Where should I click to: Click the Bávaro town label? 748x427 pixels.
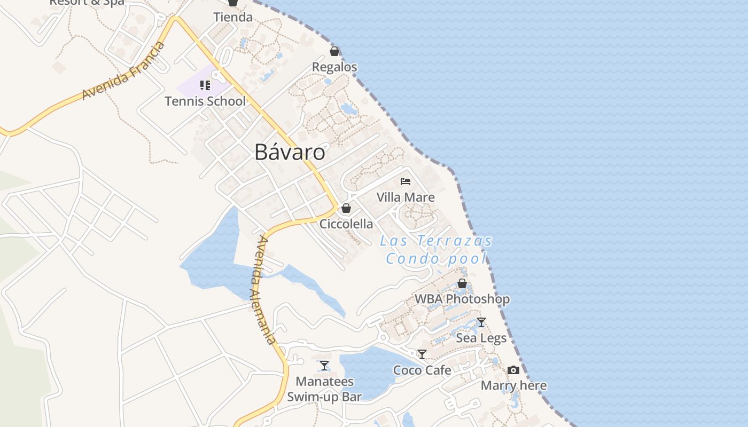(290, 152)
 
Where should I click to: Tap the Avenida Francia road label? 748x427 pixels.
(123, 70)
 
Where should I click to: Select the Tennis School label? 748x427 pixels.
(205, 101)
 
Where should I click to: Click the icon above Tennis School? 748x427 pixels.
(205, 85)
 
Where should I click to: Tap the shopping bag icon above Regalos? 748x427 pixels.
(334, 51)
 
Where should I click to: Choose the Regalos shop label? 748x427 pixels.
(334, 67)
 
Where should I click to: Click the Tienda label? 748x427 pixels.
(233, 17)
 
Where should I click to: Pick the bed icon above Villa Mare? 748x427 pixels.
(406, 181)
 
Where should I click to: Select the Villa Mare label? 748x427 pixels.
(406, 197)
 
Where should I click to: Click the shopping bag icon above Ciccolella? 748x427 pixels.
(346, 208)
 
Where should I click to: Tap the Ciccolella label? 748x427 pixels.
(346, 224)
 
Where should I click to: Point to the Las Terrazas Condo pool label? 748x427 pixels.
(436, 250)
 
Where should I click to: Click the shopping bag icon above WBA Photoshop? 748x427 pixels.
(462, 283)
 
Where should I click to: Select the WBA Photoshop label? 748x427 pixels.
(462, 299)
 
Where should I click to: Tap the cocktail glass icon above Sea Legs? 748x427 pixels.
(481, 322)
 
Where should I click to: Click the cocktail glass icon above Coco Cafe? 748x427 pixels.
(422, 354)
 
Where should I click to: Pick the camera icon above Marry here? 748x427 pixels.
(513, 370)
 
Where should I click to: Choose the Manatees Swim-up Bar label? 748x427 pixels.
(324, 389)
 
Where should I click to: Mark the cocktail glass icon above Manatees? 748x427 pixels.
(324, 366)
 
